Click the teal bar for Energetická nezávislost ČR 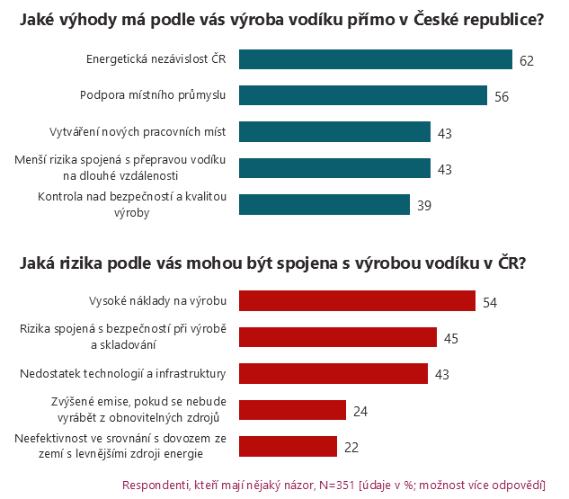tap(375, 60)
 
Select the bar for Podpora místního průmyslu tap(363, 95)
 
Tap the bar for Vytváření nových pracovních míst tap(334, 132)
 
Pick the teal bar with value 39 tap(324, 204)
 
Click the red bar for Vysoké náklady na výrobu tap(357, 300)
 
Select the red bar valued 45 tap(337, 337)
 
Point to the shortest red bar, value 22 tap(288, 446)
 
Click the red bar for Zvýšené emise tap(292, 410)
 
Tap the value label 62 tap(527, 61)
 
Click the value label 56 tap(502, 97)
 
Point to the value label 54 tap(490, 302)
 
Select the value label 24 tap(360, 411)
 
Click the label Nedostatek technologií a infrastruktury tap(122, 373)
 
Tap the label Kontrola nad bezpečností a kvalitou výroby tap(131, 204)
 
